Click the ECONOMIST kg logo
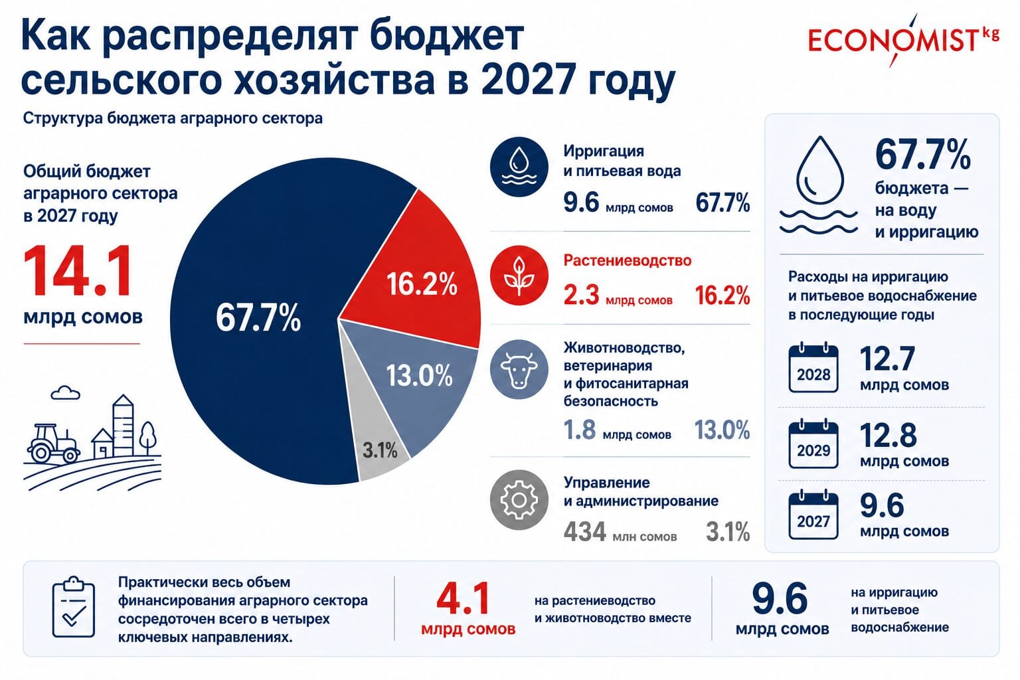coord(903,40)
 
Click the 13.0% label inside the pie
coord(420,376)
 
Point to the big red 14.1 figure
coord(78,271)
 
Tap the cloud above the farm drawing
coord(65,392)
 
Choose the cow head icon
coord(519,369)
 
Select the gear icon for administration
coord(519,499)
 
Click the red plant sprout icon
coord(519,275)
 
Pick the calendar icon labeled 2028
coord(813,368)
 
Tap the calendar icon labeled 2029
coord(813,444)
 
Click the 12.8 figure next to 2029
coord(888,435)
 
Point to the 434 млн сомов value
coord(620,531)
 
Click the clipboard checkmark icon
coord(73,607)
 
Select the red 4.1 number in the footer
coord(463,598)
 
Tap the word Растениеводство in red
coord(628,260)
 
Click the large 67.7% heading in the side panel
coord(922,155)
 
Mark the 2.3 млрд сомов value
coord(618,295)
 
